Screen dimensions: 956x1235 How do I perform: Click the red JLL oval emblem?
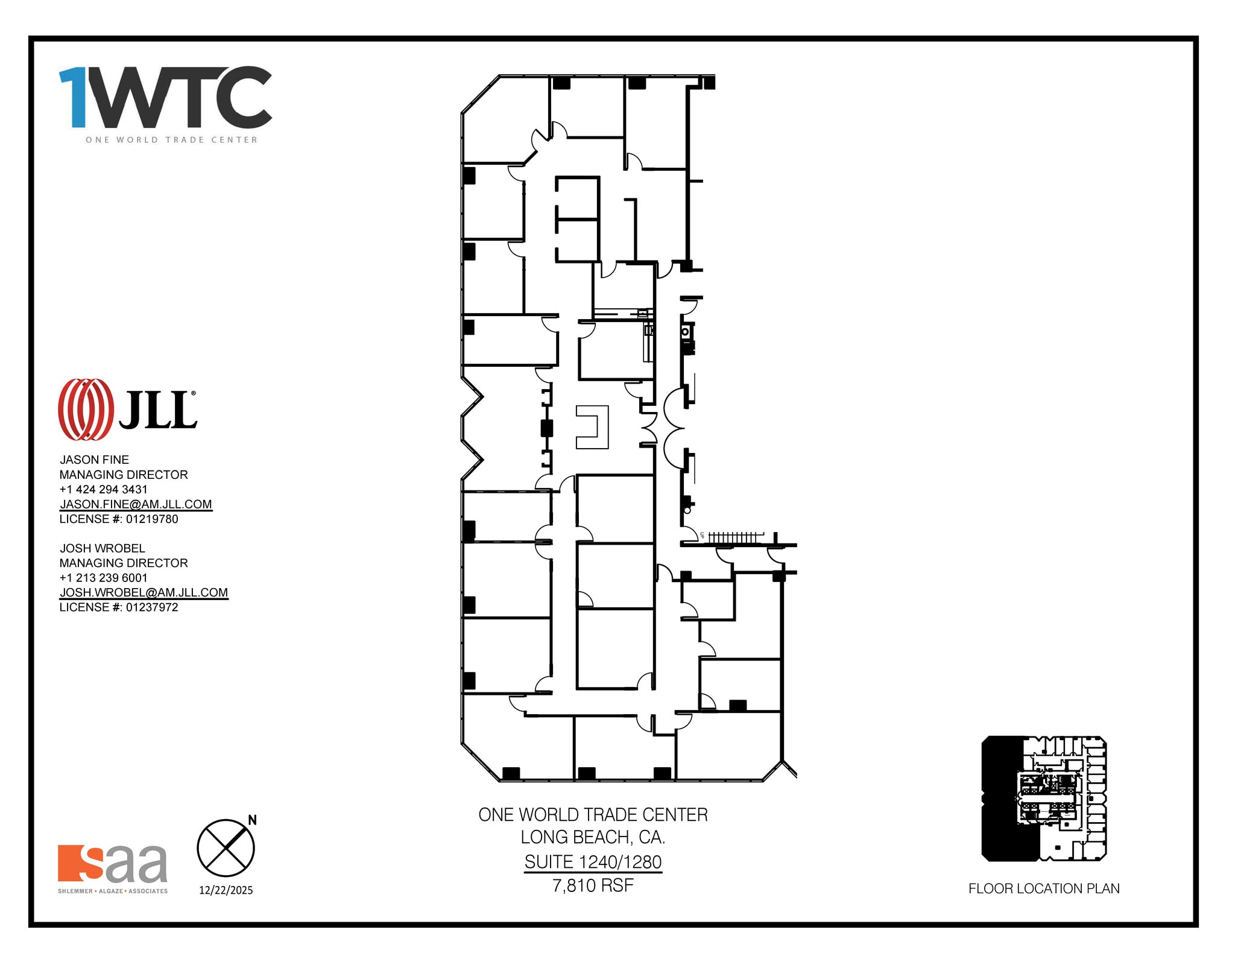click(86, 409)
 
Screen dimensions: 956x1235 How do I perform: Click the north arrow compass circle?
click(226, 847)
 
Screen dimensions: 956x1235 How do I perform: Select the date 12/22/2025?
click(226, 890)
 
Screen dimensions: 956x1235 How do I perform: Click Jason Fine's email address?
click(136, 504)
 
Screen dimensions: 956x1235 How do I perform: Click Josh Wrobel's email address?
click(144, 592)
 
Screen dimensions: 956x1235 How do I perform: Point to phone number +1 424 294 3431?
click(103, 489)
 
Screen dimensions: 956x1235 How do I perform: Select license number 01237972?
click(152, 607)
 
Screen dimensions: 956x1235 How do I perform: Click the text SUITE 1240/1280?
click(593, 862)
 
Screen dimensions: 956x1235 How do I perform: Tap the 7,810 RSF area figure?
click(593, 885)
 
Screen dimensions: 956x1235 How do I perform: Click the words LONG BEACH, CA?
click(593, 837)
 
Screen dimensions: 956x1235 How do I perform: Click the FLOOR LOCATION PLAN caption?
click(1044, 888)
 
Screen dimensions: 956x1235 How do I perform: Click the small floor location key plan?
click(1044, 798)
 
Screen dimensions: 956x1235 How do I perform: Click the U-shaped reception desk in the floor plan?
click(593, 427)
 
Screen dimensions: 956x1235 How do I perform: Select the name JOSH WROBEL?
click(103, 548)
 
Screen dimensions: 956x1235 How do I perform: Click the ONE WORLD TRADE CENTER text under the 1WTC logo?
click(171, 140)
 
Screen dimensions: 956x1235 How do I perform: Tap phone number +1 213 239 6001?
click(103, 578)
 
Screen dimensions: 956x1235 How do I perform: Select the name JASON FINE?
click(94, 460)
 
